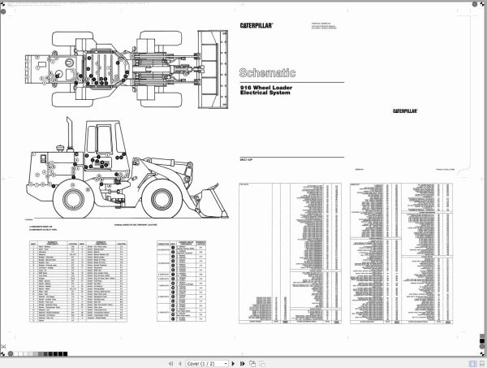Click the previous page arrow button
point(180,362)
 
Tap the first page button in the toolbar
point(170,362)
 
